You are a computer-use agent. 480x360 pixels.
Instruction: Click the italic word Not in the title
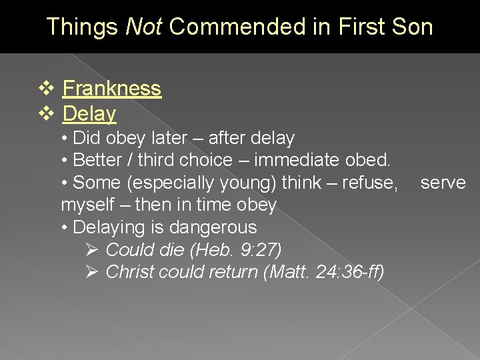144,27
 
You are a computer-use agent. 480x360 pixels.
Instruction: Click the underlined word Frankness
112,89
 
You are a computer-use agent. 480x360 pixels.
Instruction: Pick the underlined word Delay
89,114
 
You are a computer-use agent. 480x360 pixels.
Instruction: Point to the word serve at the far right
443,183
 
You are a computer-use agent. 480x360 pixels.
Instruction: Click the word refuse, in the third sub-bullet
370,183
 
